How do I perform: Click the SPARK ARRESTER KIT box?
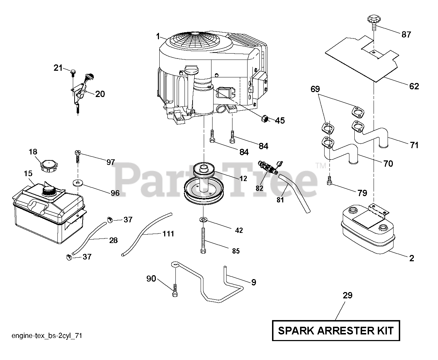pyautogui.click(x=335, y=330)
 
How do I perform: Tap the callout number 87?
pyautogui.click(x=406, y=34)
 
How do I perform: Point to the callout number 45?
pyautogui.click(x=280, y=121)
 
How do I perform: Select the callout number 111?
pyautogui.click(x=168, y=234)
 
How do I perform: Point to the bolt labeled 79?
pyautogui.click(x=329, y=181)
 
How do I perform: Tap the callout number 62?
pyautogui.click(x=414, y=86)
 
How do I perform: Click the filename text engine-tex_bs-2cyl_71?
pyautogui.click(x=47, y=336)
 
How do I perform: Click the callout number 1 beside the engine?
pyautogui.click(x=158, y=36)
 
